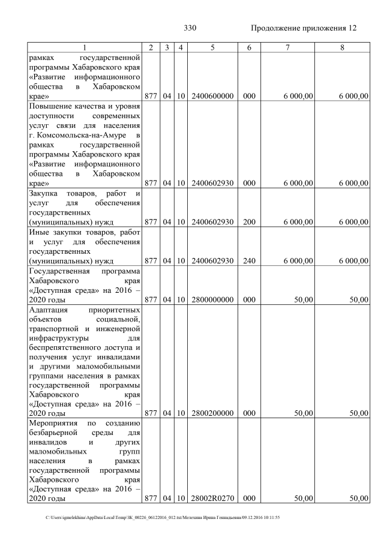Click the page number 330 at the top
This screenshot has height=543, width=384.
click(x=190, y=28)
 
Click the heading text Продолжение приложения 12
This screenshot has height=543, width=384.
click(x=304, y=28)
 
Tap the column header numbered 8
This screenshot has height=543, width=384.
click(x=342, y=47)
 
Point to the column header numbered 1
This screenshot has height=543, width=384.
click(x=85, y=47)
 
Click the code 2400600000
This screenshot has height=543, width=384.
click(x=212, y=95)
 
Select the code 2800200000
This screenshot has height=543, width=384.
click(x=212, y=413)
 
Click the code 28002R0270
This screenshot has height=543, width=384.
click(x=212, y=499)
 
